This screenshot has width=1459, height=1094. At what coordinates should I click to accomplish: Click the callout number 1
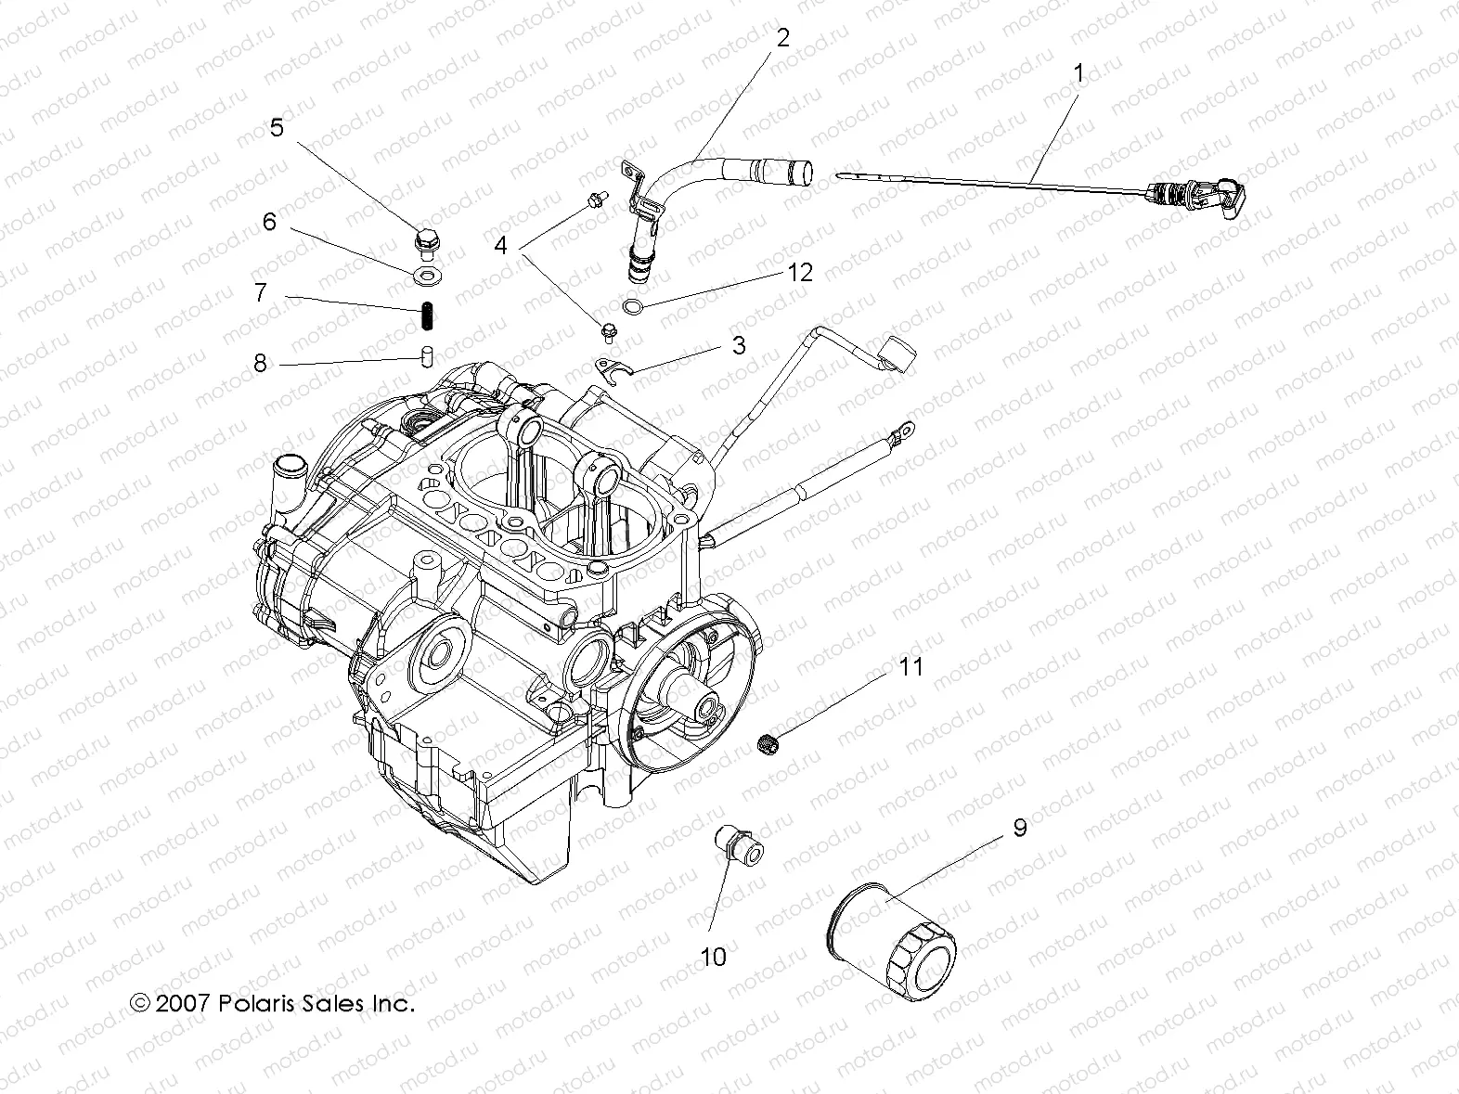[x=1078, y=73]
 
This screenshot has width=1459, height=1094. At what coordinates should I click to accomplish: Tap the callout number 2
[x=782, y=38]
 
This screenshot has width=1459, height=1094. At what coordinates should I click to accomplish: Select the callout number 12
[x=799, y=272]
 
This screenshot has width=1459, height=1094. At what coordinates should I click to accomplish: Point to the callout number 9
[x=1019, y=828]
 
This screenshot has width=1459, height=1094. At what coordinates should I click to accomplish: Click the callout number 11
[x=910, y=666]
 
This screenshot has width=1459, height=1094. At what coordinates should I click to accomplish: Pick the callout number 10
[x=713, y=956]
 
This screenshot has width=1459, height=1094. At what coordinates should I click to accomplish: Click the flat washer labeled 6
[x=426, y=275]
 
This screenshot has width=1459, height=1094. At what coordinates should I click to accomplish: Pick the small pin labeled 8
[x=426, y=356]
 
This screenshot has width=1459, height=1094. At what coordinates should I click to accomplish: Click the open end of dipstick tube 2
[x=801, y=173]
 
